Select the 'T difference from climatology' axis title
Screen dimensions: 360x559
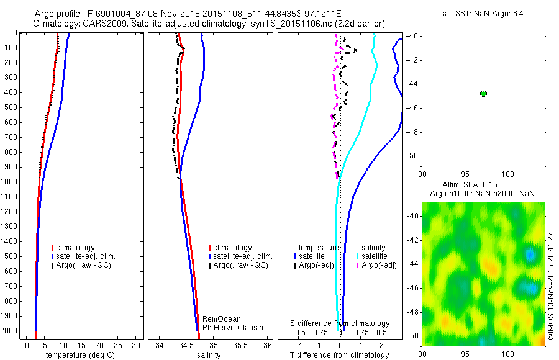tap(339, 355)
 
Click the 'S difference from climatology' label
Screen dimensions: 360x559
tap(340, 323)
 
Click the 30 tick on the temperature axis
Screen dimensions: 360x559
tap(136, 345)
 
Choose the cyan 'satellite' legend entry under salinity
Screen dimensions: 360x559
tap(375, 256)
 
